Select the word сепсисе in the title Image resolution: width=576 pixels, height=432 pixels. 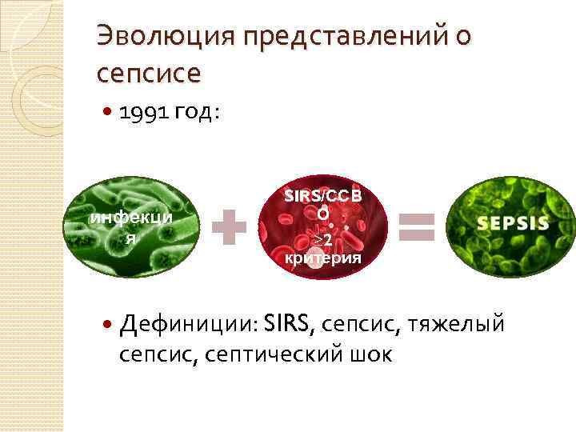click(x=148, y=73)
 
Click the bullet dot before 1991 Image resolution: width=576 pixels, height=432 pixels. click(x=107, y=114)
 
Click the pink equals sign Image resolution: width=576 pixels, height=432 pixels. click(x=416, y=226)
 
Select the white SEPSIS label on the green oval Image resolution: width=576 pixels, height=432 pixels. click(x=513, y=223)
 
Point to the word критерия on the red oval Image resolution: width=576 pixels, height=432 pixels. click(x=323, y=258)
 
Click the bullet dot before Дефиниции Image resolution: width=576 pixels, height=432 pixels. click(x=107, y=324)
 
